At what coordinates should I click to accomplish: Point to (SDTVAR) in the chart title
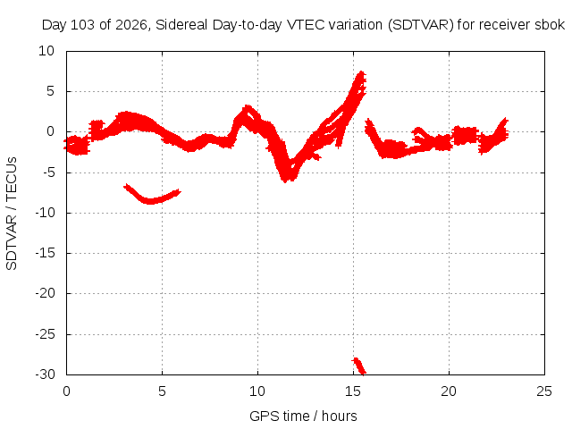420,25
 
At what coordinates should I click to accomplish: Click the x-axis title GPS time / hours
303,416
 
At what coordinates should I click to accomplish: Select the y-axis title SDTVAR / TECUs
12,214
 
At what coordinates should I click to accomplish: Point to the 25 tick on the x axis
544,391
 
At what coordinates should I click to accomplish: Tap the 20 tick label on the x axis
449,391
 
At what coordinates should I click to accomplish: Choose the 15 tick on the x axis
353,391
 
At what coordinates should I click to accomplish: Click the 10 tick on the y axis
46,51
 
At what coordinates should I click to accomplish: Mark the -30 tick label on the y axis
45,374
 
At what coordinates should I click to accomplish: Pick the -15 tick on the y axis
45,253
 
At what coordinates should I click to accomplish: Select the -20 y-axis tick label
45,293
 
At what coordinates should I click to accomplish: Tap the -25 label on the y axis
45,333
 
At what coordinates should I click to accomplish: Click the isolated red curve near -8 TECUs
150,200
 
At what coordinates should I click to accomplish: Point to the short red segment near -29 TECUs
359,366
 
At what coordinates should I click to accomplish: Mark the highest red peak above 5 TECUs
361,73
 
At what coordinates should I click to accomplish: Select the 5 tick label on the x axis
162,391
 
